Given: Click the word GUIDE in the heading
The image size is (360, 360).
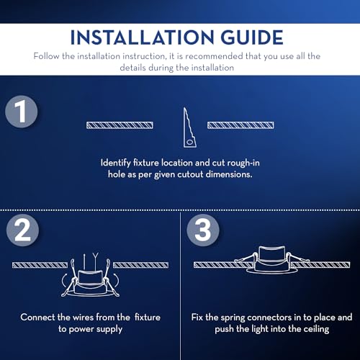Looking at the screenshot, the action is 252,37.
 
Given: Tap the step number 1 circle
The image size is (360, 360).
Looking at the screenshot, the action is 22,112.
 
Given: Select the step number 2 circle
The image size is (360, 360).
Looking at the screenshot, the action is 22,230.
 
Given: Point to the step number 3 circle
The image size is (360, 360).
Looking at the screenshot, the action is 203,230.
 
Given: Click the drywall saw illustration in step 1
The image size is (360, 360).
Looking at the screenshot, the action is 189,127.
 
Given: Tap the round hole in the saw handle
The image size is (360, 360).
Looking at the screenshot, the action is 189,143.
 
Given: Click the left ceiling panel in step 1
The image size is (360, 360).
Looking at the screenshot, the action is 120,125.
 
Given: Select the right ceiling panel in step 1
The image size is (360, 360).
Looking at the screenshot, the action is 240,125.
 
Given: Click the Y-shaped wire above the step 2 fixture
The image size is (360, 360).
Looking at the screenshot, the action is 96,261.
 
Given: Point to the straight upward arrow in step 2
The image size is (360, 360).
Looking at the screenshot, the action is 84,261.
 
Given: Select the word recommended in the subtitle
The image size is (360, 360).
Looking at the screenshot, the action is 214,56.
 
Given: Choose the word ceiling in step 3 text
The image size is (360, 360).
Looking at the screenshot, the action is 316,330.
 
